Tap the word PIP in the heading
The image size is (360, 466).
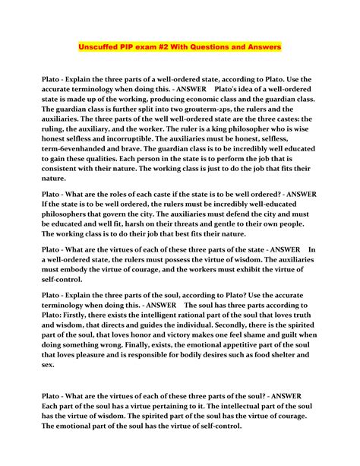click(x=136, y=47)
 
